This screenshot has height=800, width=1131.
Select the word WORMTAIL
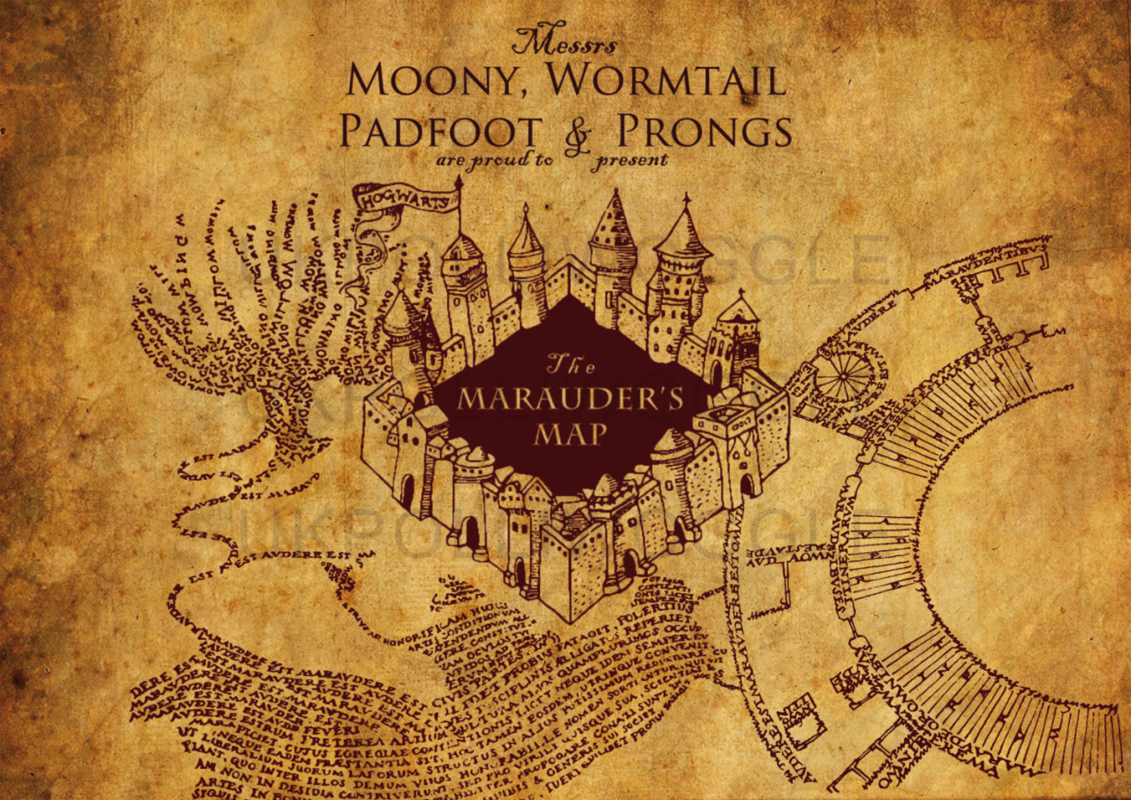coord(664,80)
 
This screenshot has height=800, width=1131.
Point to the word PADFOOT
coord(440,131)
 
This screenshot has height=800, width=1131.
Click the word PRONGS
coord(703,131)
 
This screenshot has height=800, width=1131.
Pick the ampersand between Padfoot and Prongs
coord(578,135)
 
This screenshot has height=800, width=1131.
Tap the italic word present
coord(631,161)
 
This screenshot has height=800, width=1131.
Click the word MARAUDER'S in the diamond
coord(571,400)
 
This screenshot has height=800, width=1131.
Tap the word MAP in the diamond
coord(571,434)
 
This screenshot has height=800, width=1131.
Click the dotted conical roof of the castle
coord(612,221)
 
